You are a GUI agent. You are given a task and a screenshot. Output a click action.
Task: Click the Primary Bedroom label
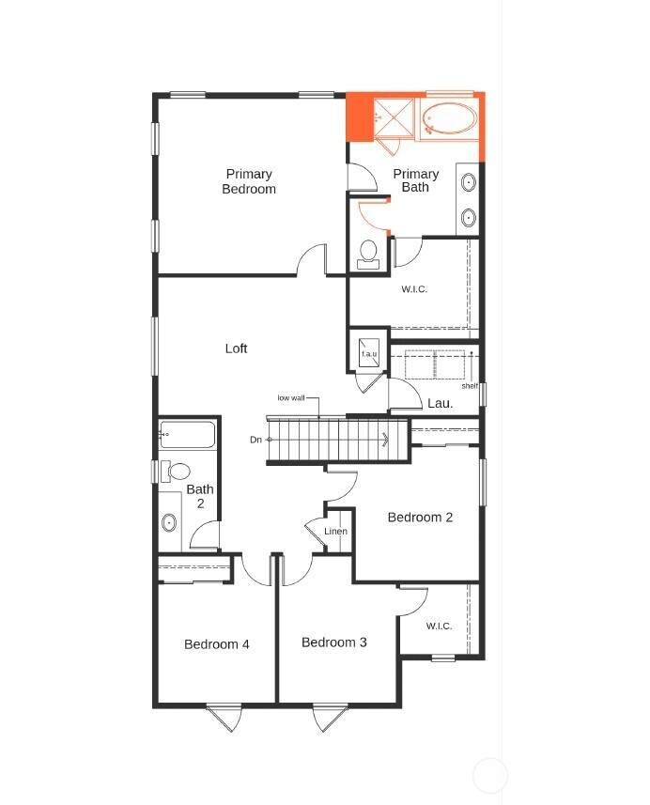pyautogui.click(x=249, y=181)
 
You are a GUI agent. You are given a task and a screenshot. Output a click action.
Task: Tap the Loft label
pyautogui.click(x=236, y=348)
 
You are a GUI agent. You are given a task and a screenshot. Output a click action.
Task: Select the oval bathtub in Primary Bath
pyautogui.click(x=449, y=119)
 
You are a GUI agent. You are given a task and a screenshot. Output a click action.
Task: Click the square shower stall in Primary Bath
pyautogui.click(x=394, y=117)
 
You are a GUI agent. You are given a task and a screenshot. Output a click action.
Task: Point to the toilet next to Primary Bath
pyautogui.click(x=368, y=255)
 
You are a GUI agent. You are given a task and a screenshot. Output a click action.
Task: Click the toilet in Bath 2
pyautogui.click(x=175, y=472)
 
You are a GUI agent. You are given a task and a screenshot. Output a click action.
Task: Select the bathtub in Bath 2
pyautogui.click(x=187, y=434)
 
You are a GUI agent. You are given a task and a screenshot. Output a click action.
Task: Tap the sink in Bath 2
pyautogui.click(x=169, y=522)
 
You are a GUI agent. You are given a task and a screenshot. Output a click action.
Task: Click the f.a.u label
pyautogui.click(x=369, y=354)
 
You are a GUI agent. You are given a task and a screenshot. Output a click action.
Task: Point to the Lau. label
pyautogui.click(x=440, y=404)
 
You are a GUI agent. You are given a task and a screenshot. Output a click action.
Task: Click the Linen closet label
pyautogui.click(x=335, y=532)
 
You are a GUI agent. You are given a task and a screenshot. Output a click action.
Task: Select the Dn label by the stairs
pyautogui.click(x=255, y=440)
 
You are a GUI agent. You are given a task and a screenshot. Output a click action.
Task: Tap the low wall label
pyautogui.click(x=291, y=398)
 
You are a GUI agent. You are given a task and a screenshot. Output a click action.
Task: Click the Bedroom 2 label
pyautogui.click(x=420, y=518)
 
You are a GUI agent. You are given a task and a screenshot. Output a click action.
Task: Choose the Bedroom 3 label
pyautogui.click(x=334, y=642)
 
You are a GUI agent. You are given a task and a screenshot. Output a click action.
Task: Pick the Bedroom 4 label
pyautogui.click(x=217, y=644)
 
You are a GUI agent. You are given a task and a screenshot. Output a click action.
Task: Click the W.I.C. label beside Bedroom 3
pyautogui.click(x=439, y=626)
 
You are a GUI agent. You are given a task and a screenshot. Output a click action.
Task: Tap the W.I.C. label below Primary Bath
pyautogui.click(x=414, y=289)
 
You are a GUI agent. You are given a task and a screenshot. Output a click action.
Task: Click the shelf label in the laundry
pyautogui.click(x=470, y=386)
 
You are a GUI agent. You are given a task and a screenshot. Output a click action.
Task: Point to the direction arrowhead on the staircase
pyautogui.click(x=385, y=440)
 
